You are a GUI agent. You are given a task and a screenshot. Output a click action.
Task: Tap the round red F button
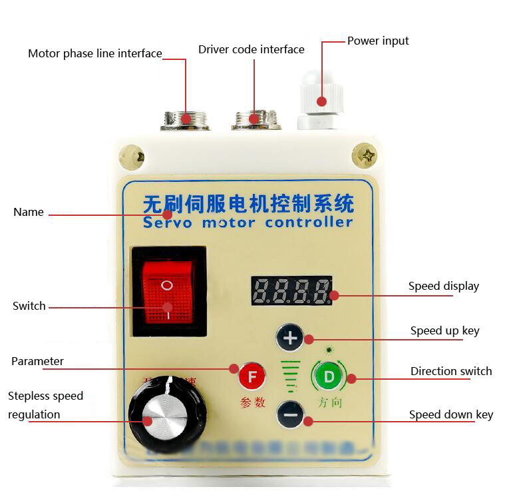pos(252,376)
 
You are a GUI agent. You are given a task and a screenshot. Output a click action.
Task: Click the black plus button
pos(289,338)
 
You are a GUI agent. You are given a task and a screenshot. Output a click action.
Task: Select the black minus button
pos(289,416)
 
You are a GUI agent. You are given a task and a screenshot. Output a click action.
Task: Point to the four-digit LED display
pos(291,290)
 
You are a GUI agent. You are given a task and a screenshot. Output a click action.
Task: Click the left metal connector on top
pos(185,120)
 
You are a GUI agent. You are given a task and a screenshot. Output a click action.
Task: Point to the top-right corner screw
pos(364,156)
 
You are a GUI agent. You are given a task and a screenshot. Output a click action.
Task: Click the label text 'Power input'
pos(378,41)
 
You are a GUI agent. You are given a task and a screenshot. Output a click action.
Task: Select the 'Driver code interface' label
pos(251,49)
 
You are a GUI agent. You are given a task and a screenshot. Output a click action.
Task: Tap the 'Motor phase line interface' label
pos(94,53)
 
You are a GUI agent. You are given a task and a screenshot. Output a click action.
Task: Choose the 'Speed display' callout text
pos(443,286)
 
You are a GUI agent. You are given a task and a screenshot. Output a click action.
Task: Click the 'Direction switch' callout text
pos(450,371)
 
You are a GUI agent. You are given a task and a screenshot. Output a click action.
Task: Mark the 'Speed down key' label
pos(450,414)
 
